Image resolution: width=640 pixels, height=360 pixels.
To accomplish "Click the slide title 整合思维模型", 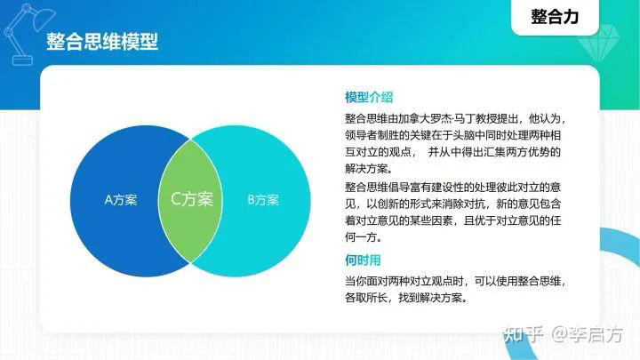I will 102,42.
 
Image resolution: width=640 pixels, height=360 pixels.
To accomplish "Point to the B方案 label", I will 263,199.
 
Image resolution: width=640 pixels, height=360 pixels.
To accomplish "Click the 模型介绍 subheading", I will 369,98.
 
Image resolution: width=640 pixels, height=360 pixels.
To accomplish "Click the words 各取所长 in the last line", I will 366,298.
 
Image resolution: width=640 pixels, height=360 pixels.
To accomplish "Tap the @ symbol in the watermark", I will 559,335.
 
